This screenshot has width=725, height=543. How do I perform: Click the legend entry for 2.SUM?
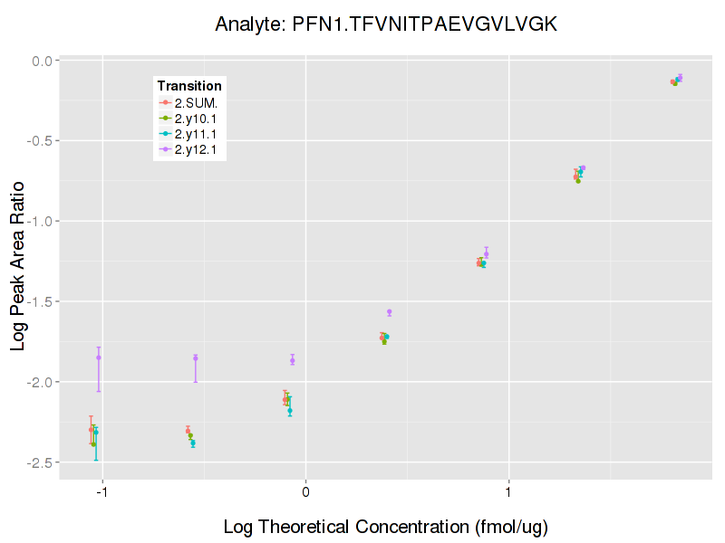pyautogui.click(x=196, y=102)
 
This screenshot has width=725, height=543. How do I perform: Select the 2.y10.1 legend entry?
pyautogui.click(x=196, y=119)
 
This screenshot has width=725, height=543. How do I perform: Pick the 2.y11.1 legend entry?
pyautogui.click(x=196, y=134)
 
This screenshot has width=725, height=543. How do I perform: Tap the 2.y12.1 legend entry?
pyautogui.click(x=196, y=149)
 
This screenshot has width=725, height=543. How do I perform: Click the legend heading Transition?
pyautogui.click(x=189, y=86)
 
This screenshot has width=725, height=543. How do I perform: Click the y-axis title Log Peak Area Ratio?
pyautogui.click(x=19, y=262)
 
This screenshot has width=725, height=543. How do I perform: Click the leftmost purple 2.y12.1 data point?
pyautogui.click(x=99, y=357)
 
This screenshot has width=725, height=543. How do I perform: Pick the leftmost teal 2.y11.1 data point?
pyautogui.click(x=96, y=433)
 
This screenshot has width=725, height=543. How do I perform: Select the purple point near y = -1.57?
pyautogui.click(x=390, y=312)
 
